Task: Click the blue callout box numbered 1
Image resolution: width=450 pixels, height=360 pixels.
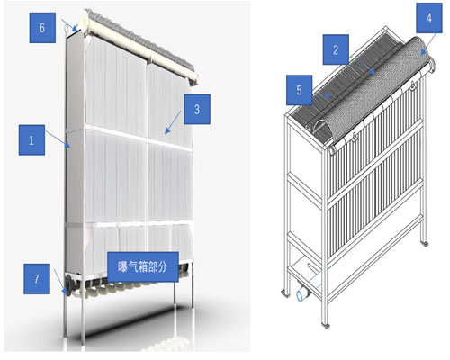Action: coord(31,140)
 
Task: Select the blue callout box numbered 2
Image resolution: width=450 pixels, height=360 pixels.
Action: coord(336,49)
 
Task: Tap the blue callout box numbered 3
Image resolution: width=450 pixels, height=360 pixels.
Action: coord(197,109)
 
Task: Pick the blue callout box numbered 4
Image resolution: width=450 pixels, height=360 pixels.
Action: coord(429,18)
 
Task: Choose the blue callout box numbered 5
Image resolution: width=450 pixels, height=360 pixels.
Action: coord(299,90)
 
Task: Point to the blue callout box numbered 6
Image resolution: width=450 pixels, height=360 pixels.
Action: coord(42,28)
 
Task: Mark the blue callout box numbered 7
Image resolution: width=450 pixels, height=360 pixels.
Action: coord(37,279)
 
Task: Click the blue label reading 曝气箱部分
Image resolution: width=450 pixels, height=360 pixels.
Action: coord(143,267)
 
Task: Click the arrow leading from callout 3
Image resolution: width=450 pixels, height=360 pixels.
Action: coord(173,122)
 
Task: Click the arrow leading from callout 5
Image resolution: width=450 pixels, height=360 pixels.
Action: coord(321,97)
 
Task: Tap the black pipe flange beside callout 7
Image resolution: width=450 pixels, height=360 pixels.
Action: coord(69,285)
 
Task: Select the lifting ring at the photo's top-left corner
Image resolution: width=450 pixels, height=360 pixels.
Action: coord(67,28)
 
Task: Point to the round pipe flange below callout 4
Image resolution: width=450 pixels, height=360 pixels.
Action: coord(433,66)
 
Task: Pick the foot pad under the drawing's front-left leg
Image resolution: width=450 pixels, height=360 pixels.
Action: coord(326,325)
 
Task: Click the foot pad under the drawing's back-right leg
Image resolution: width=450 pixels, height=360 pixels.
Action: coord(424,244)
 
